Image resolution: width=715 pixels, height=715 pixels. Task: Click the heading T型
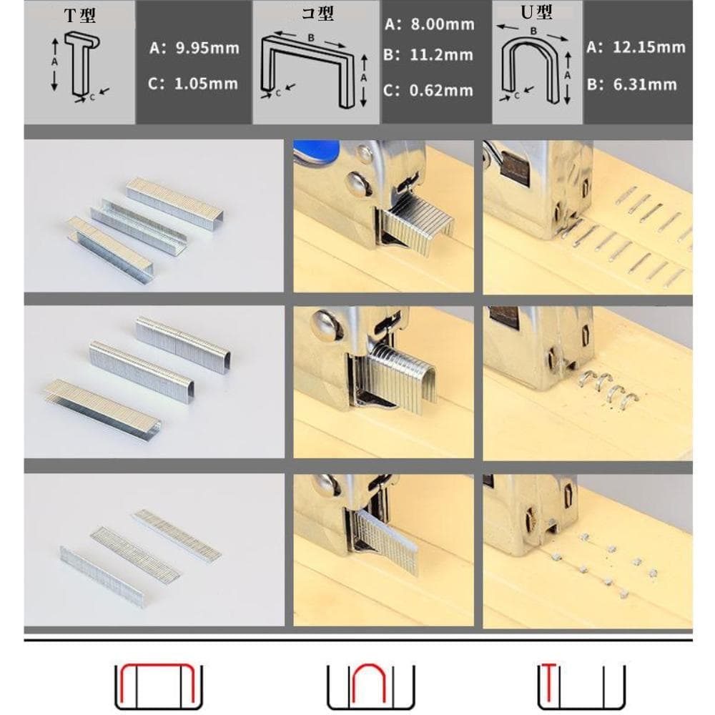pos(80,15)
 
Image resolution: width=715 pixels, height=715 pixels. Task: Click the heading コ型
pos(318,13)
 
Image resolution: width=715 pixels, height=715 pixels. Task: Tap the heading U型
pos(537,12)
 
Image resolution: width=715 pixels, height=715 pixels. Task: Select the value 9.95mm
pos(207,48)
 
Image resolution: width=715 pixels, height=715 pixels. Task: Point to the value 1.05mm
pos(206,84)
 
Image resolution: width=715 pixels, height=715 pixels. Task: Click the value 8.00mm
pos(443,24)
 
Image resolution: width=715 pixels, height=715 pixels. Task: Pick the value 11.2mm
pos(441,55)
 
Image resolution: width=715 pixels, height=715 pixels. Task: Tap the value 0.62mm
pos(441,91)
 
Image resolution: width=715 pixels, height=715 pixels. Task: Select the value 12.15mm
pos(649,47)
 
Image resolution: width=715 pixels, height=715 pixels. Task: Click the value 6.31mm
pos(645,84)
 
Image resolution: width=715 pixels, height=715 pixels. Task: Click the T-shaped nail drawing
pos(82,64)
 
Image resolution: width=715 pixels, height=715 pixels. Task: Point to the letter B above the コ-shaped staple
pos(311,38)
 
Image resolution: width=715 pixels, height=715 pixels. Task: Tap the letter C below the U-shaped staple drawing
pos(517,96)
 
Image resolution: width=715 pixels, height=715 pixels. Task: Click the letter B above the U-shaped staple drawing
pos(533,31)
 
